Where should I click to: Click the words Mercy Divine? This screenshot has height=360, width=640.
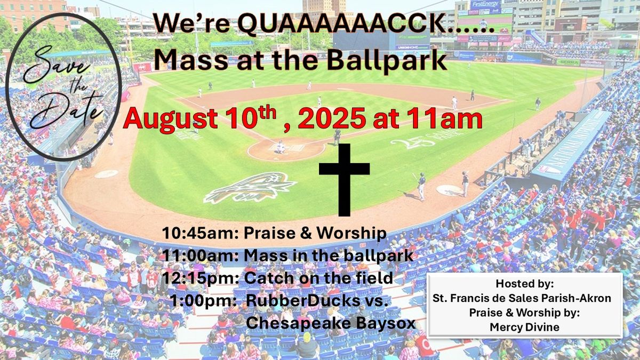(x=524, y=327)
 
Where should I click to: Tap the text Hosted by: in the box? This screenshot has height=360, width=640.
(x=524, y=282)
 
